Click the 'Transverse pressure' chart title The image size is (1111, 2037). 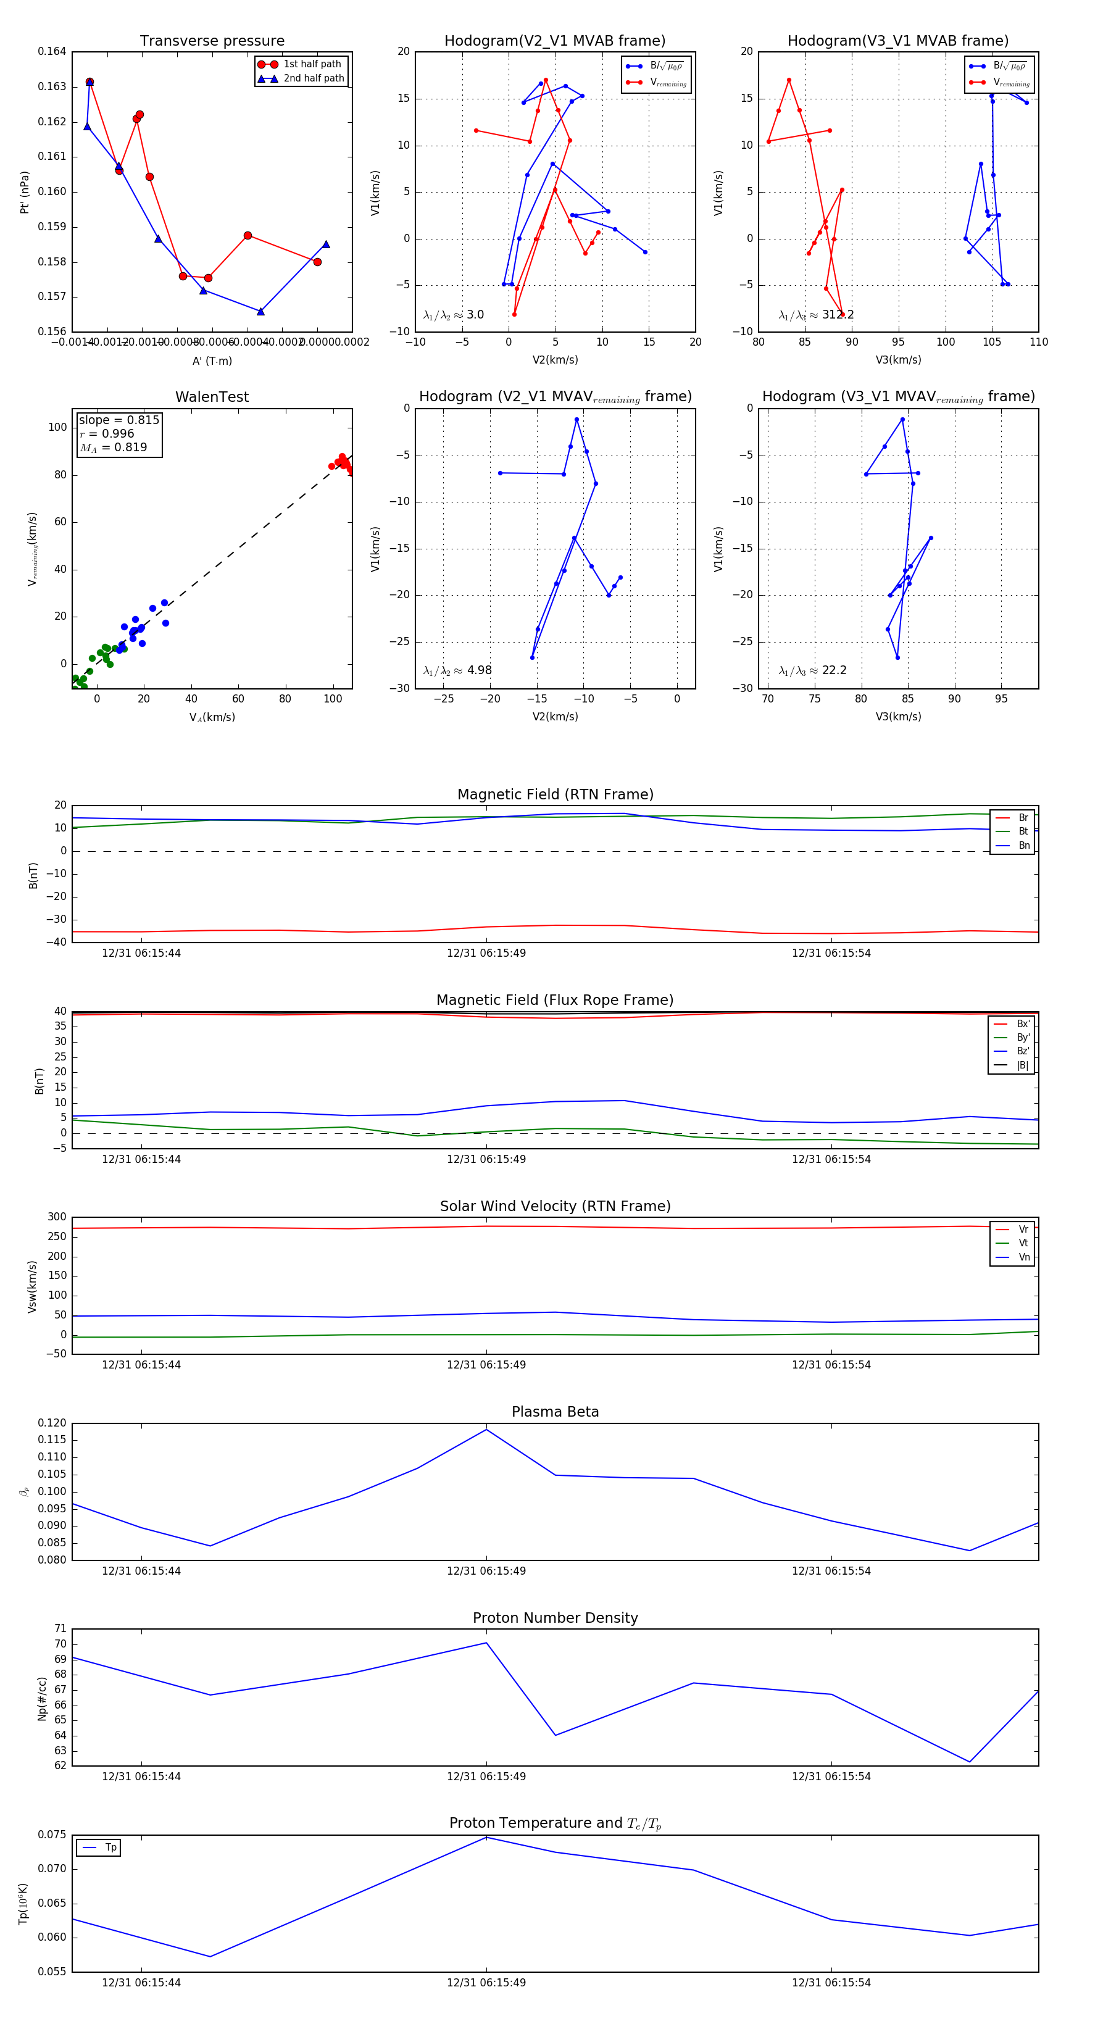(212, 41)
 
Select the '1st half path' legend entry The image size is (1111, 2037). (312, 64)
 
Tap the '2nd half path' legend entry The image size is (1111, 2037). (313, 78)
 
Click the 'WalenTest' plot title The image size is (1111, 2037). (212, 397)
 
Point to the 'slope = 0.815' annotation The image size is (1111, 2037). (119, 420)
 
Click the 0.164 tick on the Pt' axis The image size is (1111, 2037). (52, 51)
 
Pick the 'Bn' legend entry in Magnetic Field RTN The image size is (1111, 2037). (1023, 845)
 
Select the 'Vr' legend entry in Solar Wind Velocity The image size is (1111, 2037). (1023, 1230)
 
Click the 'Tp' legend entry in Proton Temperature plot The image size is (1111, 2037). (110, 1847)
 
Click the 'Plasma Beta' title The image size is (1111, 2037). (555, 1412)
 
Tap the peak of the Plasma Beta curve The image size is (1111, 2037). (486, 1429)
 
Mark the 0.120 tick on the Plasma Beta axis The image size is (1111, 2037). (52, 1423)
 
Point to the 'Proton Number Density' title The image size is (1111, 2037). (555, 1618)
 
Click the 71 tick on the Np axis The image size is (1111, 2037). (60, 1628)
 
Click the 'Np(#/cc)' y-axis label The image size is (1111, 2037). (42, 1699)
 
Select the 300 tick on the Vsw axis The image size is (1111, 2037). (57, 1217)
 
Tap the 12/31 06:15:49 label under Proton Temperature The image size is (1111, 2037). (486, 1983)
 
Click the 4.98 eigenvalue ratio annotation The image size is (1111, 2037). (478, 670)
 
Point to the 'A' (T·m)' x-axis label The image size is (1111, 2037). (212, 360)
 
